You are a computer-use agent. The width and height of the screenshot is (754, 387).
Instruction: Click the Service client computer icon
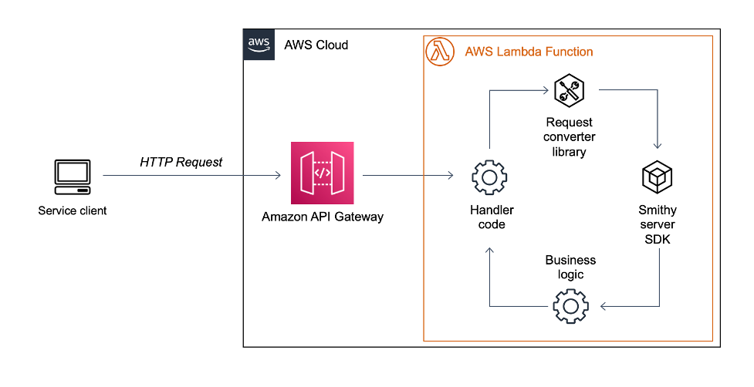coord(72,177)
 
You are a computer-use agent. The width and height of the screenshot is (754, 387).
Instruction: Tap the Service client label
coord(73,210)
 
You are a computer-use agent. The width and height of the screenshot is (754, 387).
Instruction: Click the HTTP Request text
coord(181,162)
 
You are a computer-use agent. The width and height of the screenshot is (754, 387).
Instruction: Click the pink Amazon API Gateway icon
coord(322,173)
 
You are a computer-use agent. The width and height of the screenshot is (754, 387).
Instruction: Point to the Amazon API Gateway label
coord(322,217)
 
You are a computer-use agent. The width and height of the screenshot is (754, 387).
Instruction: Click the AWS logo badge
coord(258,45)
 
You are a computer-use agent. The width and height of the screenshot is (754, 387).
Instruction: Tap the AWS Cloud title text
coord(316,45)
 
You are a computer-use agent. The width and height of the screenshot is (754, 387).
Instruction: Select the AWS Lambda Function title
coord(529,52)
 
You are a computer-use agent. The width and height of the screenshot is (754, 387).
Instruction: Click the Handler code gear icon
coord(488,177)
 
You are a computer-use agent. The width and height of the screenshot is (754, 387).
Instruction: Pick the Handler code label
coord(492,217)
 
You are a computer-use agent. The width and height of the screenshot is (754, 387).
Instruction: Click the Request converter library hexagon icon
coord(569,92)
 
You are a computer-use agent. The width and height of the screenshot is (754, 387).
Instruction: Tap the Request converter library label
coord(570,137)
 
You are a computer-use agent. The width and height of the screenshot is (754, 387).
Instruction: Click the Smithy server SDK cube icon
coord(658,177)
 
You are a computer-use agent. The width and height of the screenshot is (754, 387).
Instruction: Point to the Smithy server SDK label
coord(658,224)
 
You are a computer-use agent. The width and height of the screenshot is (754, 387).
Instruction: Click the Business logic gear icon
coord(570,307)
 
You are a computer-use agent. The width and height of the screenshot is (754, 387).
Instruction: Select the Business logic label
coord(570,268)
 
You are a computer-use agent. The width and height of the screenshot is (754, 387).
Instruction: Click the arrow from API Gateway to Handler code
coord(407,176)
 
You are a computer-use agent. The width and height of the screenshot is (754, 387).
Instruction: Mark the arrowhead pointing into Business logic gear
coord(605,307)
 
